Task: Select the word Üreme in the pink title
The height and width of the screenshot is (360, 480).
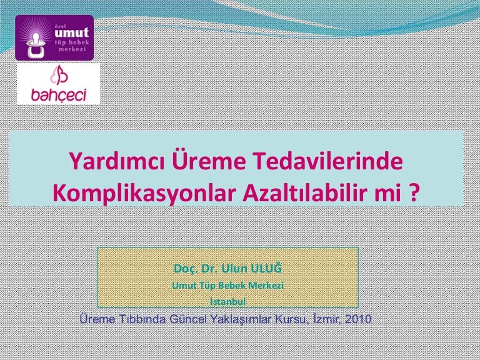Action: tap(209, 160)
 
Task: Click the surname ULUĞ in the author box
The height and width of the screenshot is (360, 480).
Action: tap(266, 269)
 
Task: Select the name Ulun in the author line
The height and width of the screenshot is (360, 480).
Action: tap(234, 269)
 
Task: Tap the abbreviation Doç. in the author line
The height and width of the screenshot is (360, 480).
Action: tap(186, 269)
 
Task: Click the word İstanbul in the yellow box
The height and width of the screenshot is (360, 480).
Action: tap(227, 301)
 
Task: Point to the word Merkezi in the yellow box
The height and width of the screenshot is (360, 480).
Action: tap(266, 285)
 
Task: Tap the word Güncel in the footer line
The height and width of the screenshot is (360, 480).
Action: tap(188, 319)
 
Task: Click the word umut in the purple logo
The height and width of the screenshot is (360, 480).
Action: tap(72, 32)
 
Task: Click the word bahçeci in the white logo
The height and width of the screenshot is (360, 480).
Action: tap(59, 95)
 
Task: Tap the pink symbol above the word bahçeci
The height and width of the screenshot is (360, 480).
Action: tap(59, 75)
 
